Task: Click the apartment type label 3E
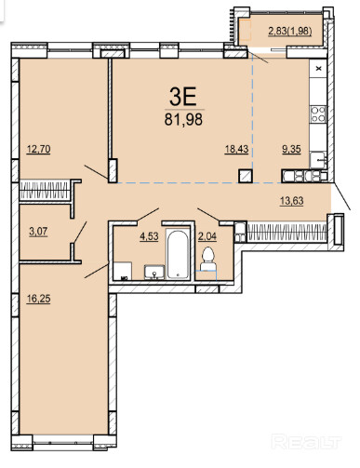[183, 96]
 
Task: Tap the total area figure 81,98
[183, 119]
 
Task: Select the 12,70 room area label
[38, 149]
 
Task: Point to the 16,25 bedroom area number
[38, 299]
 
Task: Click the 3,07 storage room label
[38, 232]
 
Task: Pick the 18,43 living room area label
[236, 149]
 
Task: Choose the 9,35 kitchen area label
[291, 149]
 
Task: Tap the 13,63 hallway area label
[292, 201]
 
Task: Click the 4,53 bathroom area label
[149, 236]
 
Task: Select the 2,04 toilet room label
[207, 236]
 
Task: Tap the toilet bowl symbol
[207, 260]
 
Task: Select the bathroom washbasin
[154, 272]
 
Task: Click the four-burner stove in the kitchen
[318, 114]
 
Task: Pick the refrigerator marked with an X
[318, 69]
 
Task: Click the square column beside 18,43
[246, 176]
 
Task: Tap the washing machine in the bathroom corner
[123, 271]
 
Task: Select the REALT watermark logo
[306, 441]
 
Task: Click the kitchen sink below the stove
[318, 160]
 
